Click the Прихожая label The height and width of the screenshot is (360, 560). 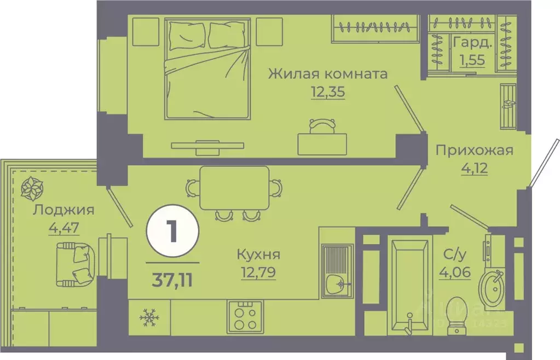[474, 150]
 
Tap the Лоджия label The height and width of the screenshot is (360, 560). [63, 210]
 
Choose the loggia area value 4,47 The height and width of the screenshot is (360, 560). [64, 226]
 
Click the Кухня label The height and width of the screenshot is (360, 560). [258, 254]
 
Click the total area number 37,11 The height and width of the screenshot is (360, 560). [172, 280]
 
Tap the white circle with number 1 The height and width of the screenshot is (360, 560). [172, 234]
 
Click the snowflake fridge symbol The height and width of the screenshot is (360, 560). [148, 316]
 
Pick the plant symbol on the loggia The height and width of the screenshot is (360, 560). [32, 188]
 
